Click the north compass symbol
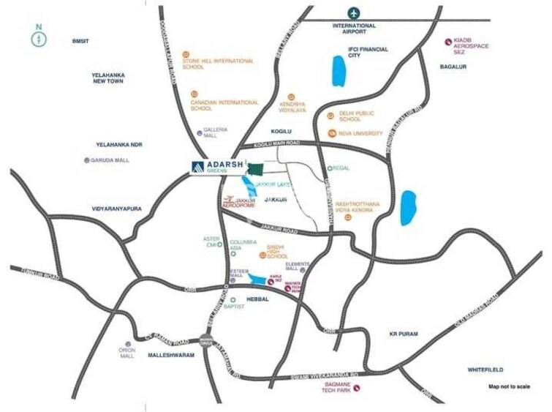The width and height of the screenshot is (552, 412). [38, 37]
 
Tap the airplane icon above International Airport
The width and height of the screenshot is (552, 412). [355, 13]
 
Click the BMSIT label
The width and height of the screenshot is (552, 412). [80, 41]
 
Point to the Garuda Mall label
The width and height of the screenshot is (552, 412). [114, 160]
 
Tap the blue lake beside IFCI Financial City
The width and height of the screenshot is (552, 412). [339, 72]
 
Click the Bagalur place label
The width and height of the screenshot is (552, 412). [453, 67]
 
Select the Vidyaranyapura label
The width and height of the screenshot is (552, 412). [117, 209]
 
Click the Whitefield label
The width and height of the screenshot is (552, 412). [486, 370]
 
